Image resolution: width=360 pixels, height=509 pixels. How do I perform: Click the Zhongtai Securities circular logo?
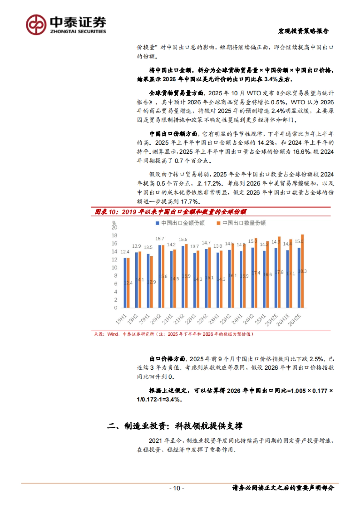36,25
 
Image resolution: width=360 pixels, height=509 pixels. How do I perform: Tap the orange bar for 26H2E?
302,271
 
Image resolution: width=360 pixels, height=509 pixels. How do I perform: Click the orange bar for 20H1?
151,282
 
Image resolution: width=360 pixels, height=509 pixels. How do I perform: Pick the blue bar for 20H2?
160,276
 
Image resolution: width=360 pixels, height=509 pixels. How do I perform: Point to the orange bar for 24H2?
256,273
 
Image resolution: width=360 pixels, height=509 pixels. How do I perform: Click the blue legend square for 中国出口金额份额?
157,223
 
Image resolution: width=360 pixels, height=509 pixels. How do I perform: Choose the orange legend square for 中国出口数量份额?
218,223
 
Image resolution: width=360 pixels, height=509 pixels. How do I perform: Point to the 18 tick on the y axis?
114,236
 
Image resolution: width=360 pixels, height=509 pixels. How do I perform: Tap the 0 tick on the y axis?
115,308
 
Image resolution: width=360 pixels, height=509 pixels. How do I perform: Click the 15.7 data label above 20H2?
160,239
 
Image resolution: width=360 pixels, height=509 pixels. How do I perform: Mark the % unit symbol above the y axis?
114,223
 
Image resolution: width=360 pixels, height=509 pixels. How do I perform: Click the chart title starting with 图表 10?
170,212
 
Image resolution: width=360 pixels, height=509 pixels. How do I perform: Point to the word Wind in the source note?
113,334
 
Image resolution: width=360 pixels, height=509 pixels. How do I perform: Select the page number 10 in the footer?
177,488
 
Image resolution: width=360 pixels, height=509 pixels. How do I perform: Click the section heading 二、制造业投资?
175,426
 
